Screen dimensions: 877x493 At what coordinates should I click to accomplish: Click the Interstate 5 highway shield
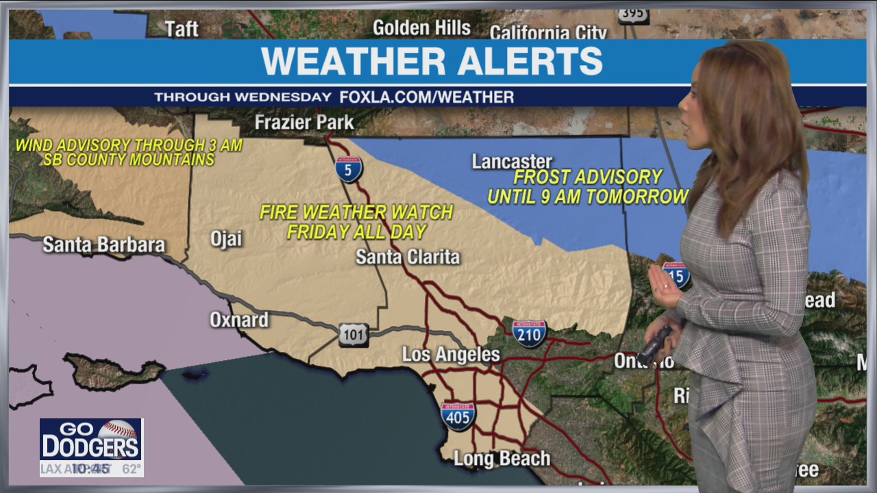[349, 169]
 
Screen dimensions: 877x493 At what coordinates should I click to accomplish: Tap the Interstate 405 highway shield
[458, 416]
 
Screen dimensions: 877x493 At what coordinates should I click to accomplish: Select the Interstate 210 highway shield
[530, 333]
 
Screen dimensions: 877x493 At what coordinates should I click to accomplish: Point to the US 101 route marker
[354, 335]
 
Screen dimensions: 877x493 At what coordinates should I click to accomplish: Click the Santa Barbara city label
[104, 245]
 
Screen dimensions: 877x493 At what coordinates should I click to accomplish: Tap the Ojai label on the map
[226, 239]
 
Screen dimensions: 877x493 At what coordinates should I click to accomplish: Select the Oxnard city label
[239, 320]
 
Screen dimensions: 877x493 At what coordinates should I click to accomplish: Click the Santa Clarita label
[408, 257]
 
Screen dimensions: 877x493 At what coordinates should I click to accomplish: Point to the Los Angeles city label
[451, 355]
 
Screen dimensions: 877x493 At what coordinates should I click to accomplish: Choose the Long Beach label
[502, 459]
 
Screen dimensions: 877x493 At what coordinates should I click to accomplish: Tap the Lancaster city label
[512, 162]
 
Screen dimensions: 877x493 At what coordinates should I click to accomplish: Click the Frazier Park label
[304, 123]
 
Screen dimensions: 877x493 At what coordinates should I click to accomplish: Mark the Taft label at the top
[182, 29]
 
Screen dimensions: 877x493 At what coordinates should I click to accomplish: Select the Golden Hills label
[421, 28]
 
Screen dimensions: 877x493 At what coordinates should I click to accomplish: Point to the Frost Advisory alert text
[588, 187]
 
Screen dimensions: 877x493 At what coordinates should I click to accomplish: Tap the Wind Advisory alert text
[129, 153]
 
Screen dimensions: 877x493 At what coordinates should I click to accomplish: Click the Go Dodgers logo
[91, 440]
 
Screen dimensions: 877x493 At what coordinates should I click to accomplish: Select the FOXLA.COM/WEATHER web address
[426, 97]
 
